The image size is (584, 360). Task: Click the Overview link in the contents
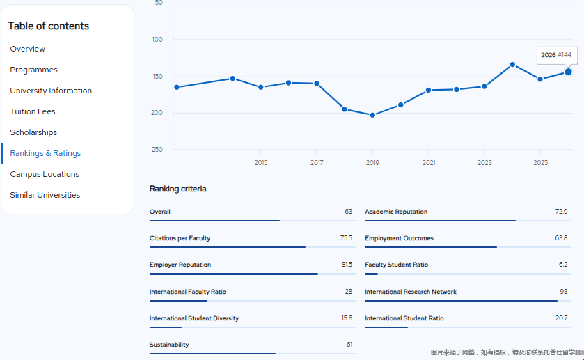tap(27, 49)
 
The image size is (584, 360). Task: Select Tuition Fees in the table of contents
tap(33, 111)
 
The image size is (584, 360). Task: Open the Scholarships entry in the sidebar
tap(33, 132)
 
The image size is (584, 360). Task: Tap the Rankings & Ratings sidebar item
tap(45, 153)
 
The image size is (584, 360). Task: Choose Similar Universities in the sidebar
tap(45, 195)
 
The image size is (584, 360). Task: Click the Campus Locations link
tap(45, 174)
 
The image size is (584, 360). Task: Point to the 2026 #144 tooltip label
tap(556, 55)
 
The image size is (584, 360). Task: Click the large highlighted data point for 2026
tap(568, 72)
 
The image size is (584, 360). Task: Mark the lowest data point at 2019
tap(372, 115)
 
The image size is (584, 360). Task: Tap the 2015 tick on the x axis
tap(261, 163)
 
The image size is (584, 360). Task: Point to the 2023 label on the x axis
tap(484, 163)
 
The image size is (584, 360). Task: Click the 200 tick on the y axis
tap(157, 113)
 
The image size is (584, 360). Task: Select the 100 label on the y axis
tap(157, 40)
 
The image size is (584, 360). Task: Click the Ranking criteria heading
tap(177, 189)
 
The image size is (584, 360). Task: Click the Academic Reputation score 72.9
tap(560, 212)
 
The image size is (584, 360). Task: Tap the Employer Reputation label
tap(180, 265)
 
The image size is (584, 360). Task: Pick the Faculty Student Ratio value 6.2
tap(562, 265)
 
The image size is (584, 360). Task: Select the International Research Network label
tap(411, 292)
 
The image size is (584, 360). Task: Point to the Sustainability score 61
tap(349, 345)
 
